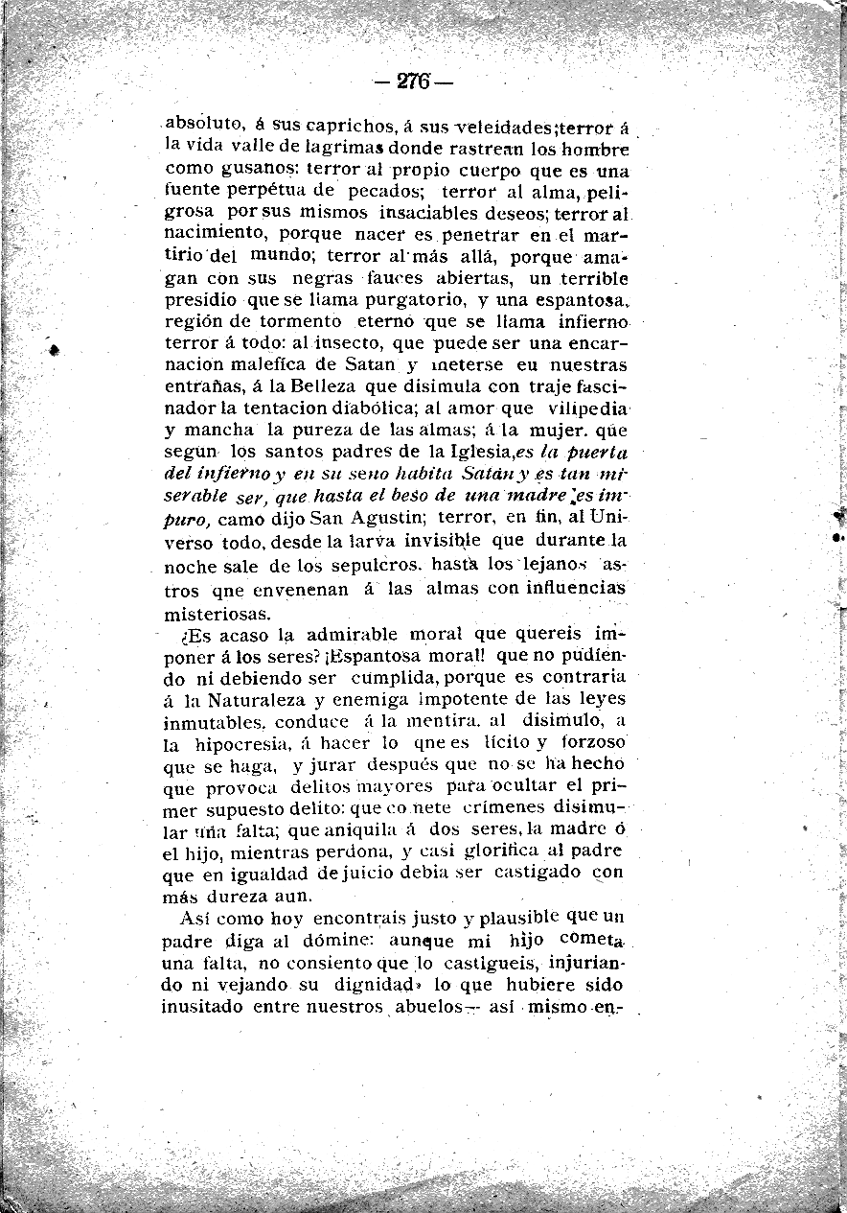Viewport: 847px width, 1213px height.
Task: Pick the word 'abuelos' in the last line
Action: [x=428, y=1007]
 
